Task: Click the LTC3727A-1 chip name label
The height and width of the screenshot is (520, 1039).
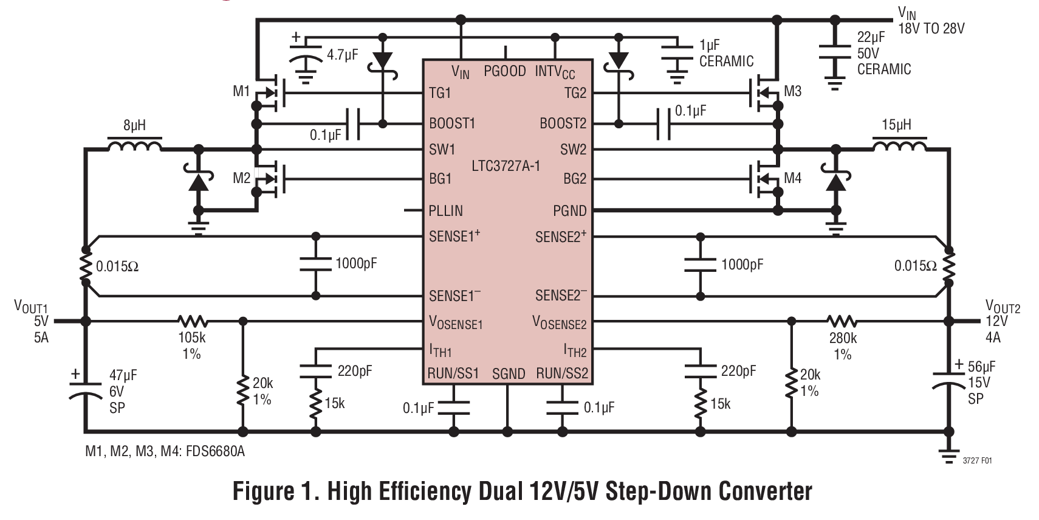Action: click(x=506, y=165)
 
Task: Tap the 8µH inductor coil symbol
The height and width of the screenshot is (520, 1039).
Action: click(x=134, y=146)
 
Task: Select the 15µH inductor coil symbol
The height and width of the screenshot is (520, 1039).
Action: click(x=899, y=146)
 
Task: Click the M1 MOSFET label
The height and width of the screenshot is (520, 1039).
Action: click(x=241, y=92)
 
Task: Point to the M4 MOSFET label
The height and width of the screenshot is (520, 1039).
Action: click(x=792, y=178)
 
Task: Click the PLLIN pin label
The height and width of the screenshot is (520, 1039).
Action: click(x=446, y=211)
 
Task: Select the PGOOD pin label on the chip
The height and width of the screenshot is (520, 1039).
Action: click(x=504, y=72)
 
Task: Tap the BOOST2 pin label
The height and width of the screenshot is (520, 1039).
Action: click(x=563, y=124)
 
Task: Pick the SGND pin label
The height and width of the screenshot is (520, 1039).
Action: click(x=508, y=374)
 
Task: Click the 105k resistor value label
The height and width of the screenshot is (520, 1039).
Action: click(x=192, y=338)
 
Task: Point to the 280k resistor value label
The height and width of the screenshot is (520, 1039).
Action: click(x=843, y=338)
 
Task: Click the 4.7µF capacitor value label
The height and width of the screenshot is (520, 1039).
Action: click(x=342, y=55)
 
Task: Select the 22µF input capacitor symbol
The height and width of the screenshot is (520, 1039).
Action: click(x=835, y=52)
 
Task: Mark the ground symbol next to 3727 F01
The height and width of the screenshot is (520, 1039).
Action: click(x=948, y=456)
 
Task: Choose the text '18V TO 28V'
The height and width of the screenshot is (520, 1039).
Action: click(x=931, y=29)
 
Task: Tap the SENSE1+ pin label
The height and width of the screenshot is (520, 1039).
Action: click(x=454, y=237)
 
